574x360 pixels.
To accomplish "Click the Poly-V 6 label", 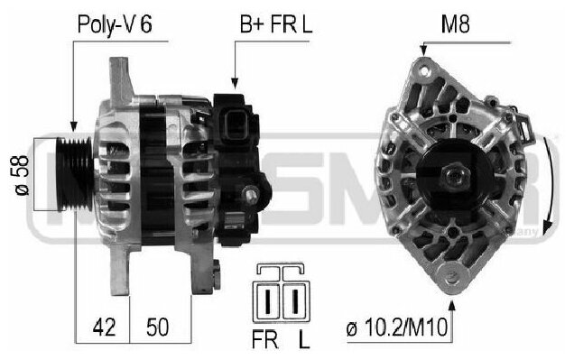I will click(x=115, y=24).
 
